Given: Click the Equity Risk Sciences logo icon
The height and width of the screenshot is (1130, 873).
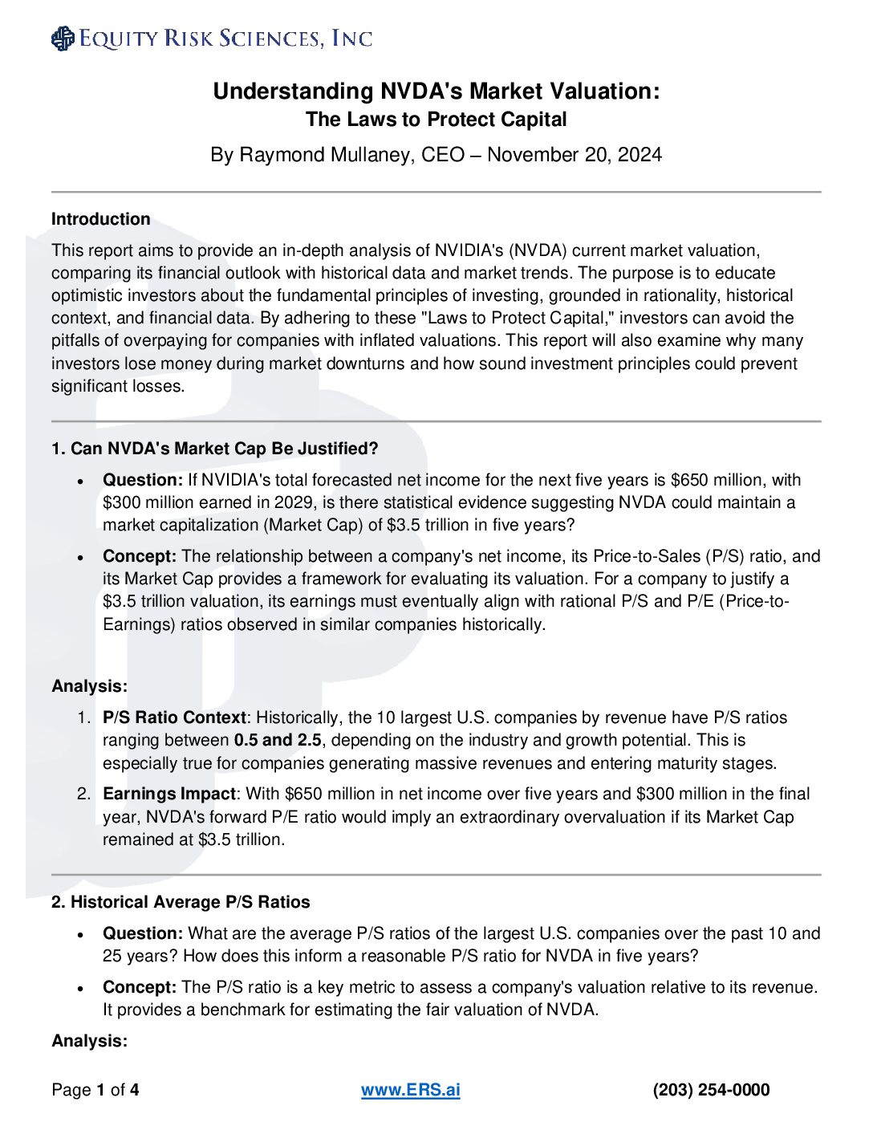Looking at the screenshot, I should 63,39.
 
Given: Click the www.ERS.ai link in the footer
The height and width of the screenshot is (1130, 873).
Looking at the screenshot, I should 410,1090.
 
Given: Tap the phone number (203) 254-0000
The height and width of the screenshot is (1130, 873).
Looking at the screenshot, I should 711,1090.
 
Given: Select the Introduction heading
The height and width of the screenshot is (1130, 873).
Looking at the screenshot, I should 101,219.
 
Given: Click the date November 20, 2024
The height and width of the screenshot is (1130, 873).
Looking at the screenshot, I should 575,155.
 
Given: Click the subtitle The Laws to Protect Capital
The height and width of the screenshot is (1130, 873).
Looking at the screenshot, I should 436,120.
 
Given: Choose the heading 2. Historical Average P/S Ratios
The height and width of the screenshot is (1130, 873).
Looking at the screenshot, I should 181,902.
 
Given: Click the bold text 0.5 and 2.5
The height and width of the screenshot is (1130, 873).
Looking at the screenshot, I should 278,740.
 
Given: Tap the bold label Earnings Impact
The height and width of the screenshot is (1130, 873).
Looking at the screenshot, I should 169,794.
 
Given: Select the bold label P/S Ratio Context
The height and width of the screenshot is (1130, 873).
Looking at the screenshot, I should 174,717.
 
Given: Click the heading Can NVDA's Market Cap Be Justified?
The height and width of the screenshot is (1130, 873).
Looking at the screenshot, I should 224,449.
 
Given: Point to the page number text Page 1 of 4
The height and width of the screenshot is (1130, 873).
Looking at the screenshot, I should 95,1090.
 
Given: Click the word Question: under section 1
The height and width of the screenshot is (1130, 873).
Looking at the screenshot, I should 143,480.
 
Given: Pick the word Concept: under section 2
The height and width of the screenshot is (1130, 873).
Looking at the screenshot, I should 140,987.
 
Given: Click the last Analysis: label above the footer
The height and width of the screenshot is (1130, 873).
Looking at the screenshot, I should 90,1041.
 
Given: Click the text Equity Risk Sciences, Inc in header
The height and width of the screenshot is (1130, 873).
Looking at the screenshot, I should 225,39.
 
